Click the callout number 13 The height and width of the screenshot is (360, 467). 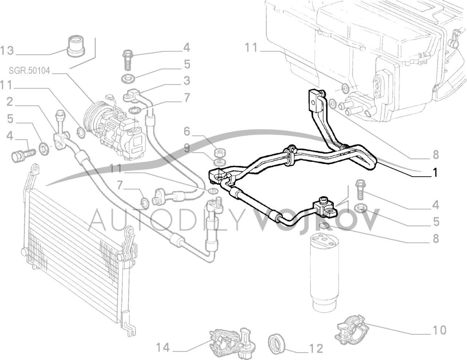(x=7, y=51)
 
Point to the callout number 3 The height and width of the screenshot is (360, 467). (x=186, y=80)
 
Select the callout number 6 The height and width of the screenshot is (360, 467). (x=186, y=130)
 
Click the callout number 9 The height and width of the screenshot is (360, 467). (x=186, y=148)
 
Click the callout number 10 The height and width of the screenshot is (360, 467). (x=439, y=330)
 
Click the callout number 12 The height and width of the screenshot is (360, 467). (x=317, y=348)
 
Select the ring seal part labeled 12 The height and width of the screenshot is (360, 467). (x=278, y=344)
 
